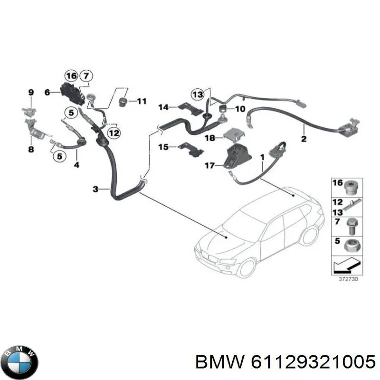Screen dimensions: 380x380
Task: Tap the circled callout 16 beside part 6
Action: click(71, 76)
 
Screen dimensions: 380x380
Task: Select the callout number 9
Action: click(31, 92)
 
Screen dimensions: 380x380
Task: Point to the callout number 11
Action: click(142, 101)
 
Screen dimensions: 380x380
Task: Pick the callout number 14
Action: click(163, 107)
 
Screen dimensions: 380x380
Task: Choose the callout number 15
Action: click(163, 147)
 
